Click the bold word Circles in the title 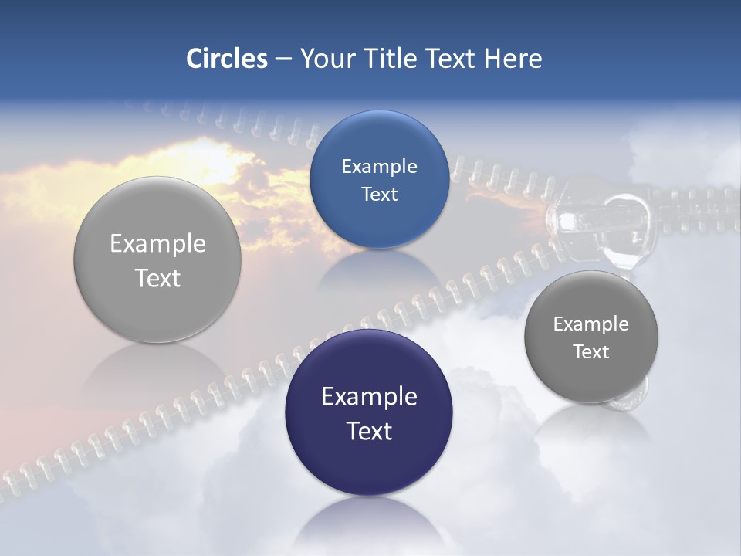226,59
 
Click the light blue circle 379,179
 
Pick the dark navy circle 369,412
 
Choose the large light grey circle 157,259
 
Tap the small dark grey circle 590,337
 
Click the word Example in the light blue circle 379,166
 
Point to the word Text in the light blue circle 379,194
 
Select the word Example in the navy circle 369,396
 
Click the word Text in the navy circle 369,430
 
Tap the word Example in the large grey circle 157,243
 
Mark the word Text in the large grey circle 157,278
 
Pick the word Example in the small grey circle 590,324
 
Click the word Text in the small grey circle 590,351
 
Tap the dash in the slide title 283,59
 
